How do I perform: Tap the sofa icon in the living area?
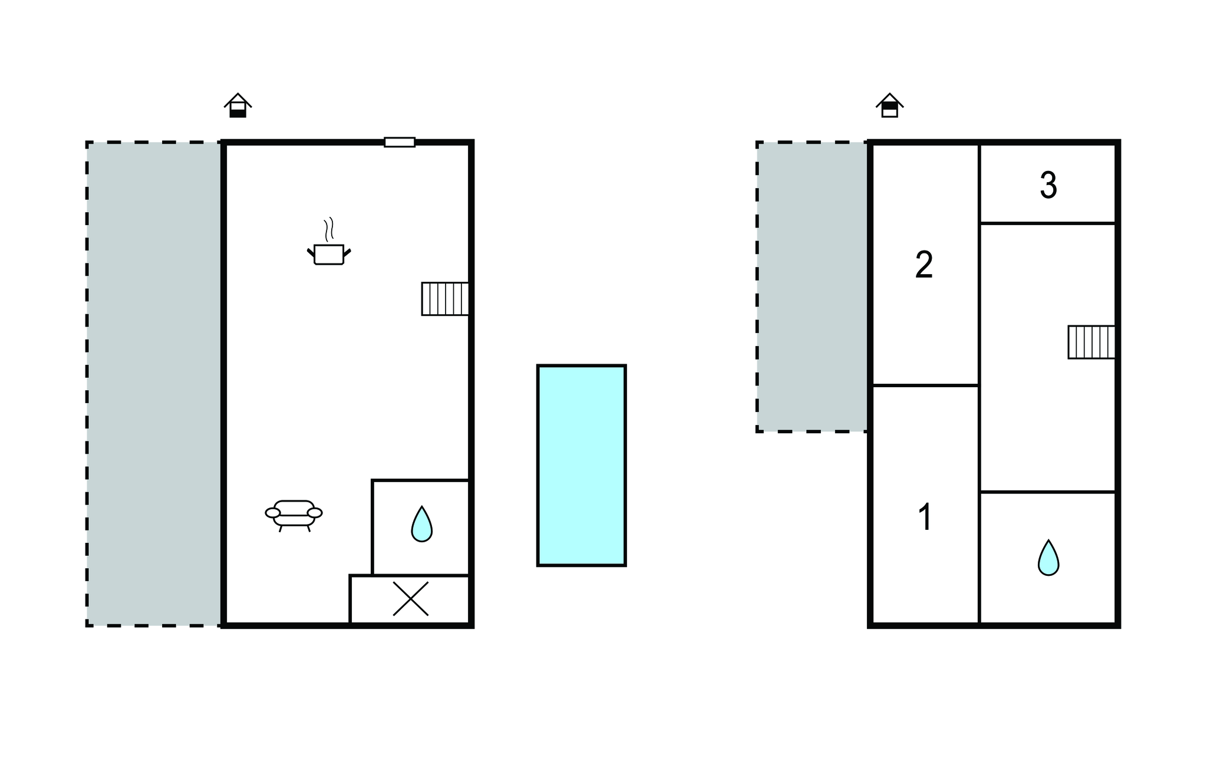(x=293, y=516)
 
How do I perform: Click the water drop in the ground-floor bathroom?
(x=421, y=524)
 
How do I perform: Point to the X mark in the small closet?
(x=410, y=599)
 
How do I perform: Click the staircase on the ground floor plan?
(x=445, y=299)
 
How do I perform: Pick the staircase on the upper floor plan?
(x=1091, y=342)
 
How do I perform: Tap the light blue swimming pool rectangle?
(x=581, y=466)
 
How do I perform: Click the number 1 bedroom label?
(x=925, y=517)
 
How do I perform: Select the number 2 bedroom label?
(x=924, y=265)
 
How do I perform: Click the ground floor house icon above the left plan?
(x=238, y=106)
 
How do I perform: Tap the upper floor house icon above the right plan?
(x=890, y=106)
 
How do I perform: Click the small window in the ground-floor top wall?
(x=400, y=142)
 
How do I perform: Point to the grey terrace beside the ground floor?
(x=154, y=384)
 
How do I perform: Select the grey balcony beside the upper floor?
(x=812, y=287)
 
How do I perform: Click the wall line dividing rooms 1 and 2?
(x=925, y=385)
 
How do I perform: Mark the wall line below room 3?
(x=1048, y=223)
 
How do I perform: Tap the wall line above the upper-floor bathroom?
(x=1048, y=492)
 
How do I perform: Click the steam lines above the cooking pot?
(x=329, y=229)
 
